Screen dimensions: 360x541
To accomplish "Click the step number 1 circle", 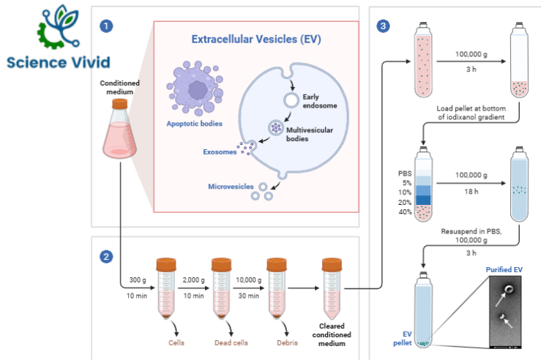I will point(107,26).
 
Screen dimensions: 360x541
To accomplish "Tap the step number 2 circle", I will point(107,256).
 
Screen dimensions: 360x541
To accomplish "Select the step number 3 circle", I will point(383,26).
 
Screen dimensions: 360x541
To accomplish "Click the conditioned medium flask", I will point(119,130).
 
